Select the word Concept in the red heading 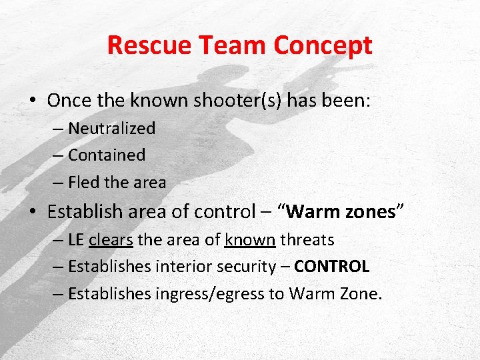[323, 45]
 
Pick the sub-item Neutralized [111, 128]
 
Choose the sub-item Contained [107, 155]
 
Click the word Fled [83, 182]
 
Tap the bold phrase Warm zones [341, 212]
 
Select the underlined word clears [111, 239]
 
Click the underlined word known [250, 239]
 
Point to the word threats [307, 239]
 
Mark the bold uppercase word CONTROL [332, 267]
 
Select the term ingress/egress [210, 294]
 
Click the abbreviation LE [77, 239]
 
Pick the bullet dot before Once [33, 101]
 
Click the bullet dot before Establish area [33, 213]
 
